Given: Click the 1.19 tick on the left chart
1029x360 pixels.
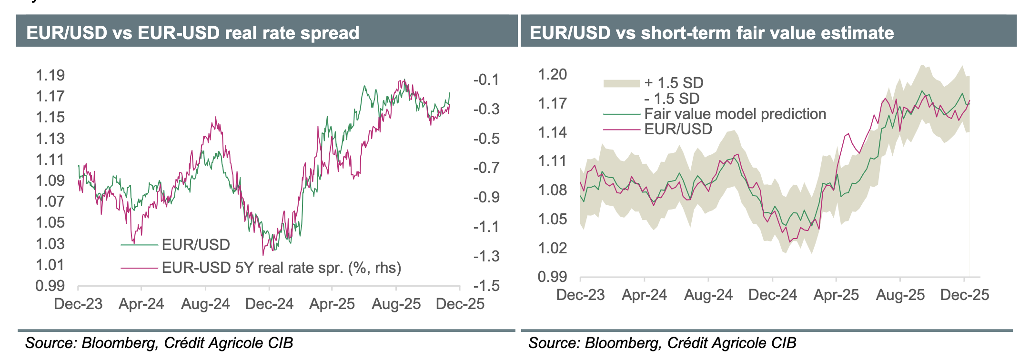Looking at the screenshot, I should (50, 75).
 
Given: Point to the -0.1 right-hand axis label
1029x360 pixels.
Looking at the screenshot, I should (486, 80).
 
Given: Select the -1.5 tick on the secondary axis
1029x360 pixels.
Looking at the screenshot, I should (486, 286).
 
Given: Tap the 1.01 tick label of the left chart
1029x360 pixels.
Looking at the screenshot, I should (50, 265).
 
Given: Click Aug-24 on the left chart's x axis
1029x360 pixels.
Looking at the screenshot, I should (205, 304).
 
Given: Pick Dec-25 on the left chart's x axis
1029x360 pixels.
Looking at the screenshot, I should (460, 304).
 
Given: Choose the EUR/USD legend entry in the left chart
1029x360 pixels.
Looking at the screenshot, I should (196, 245).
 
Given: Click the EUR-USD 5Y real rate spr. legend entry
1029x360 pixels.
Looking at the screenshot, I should (281, 268).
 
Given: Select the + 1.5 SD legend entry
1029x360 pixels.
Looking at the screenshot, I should (674, 83).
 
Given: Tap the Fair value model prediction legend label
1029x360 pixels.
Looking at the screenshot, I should (735, 114).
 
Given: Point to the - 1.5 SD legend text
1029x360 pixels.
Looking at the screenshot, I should (672, 99).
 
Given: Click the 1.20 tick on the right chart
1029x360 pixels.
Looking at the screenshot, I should (552, 75).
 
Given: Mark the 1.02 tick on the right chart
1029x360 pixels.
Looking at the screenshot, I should (552, 248).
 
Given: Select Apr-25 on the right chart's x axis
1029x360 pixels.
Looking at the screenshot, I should (836, 295).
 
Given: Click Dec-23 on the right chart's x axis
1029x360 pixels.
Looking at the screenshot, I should (580, 295).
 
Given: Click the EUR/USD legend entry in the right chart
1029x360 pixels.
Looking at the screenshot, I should (678, 129).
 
